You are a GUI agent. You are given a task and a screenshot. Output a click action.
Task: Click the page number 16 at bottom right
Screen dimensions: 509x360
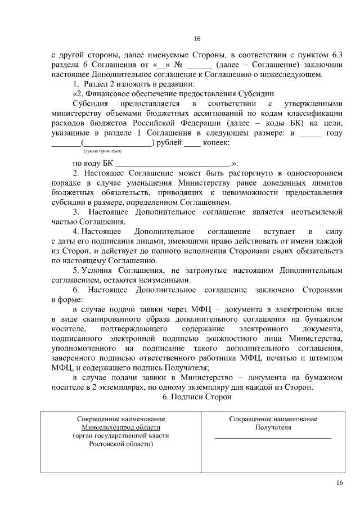tap(339, 483)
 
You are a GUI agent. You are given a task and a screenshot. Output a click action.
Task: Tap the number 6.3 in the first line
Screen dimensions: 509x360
tap(335, 55)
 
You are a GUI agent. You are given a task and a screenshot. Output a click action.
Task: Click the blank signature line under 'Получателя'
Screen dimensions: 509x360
tap(273, 438)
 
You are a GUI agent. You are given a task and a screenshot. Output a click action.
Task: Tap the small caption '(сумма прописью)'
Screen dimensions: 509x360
tap(102, 151)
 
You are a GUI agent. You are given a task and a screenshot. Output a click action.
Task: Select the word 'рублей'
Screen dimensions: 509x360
tap(169, 143)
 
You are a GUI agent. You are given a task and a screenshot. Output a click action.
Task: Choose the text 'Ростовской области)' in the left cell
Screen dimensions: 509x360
tap(121, 444)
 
